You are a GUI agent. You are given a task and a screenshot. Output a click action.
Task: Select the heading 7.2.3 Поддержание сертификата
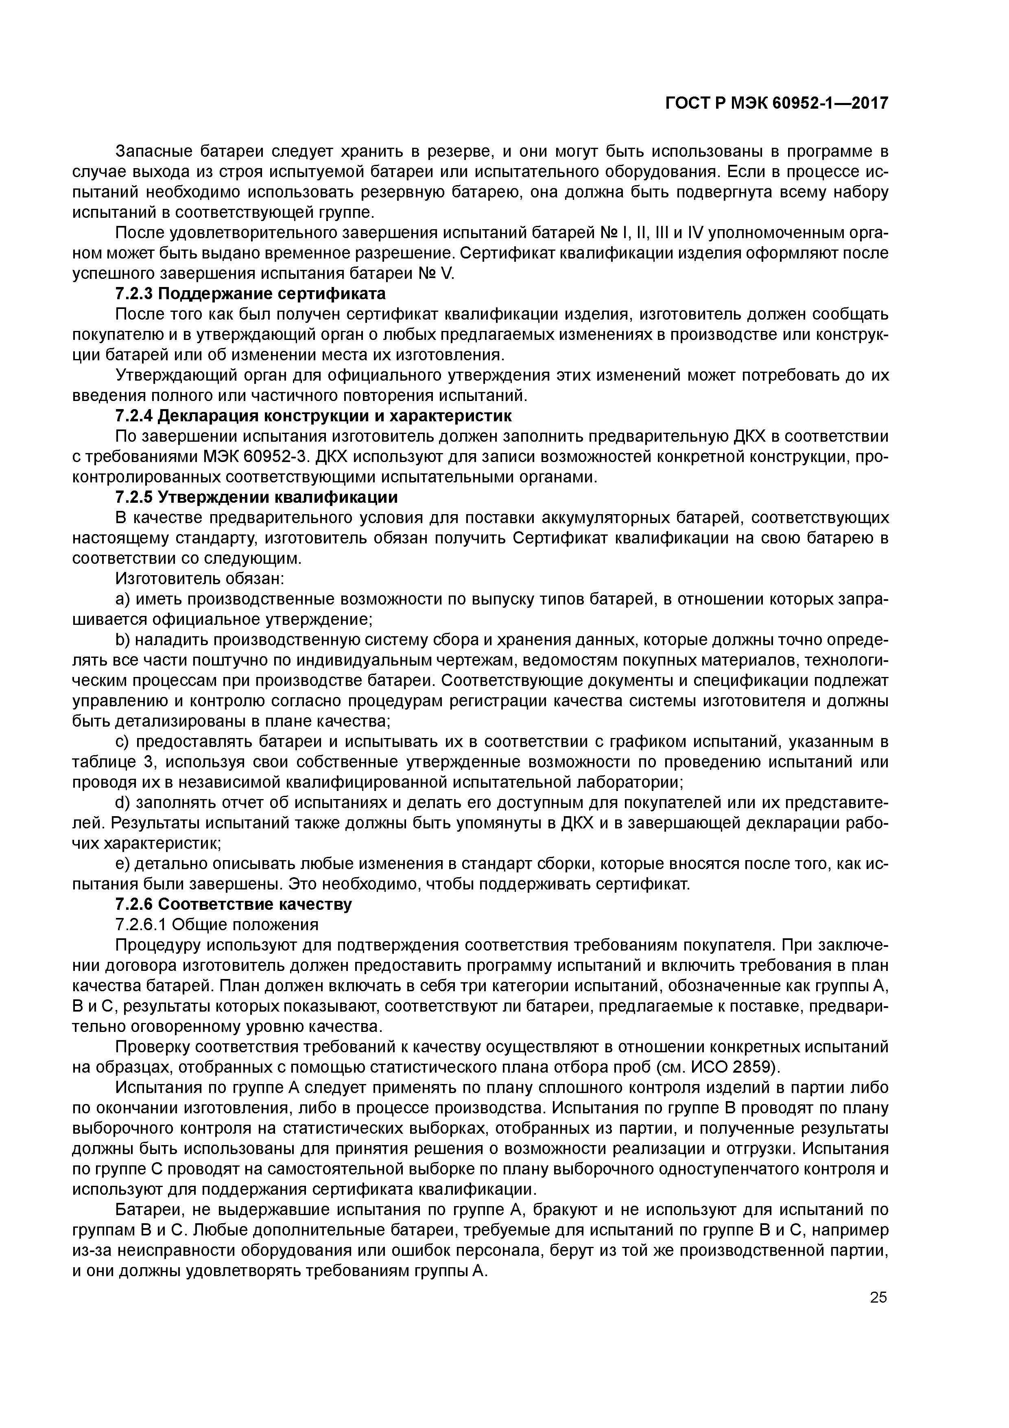[251, 293]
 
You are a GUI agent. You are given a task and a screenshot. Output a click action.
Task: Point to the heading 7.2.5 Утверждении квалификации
[256, 497]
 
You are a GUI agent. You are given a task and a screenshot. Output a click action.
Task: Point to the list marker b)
[122, 640]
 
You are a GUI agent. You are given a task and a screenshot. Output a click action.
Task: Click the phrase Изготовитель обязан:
[199, 578]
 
